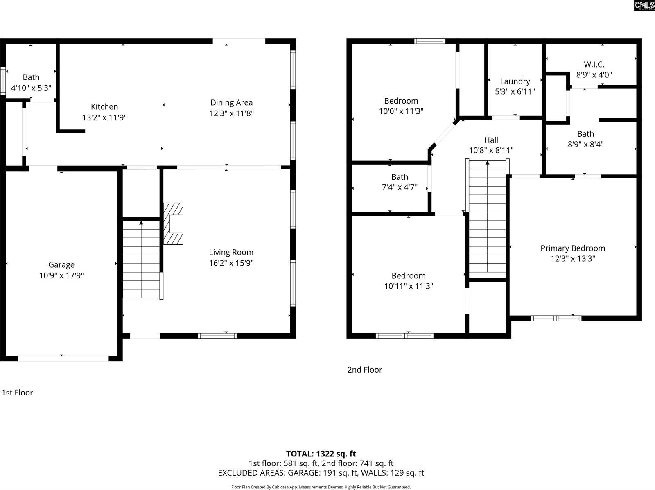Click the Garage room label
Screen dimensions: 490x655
tap(61, 265)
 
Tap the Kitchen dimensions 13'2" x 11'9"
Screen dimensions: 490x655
tap(104, 117)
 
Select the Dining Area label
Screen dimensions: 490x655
tap(231, 103)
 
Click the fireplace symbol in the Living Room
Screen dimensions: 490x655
tap(174, 224)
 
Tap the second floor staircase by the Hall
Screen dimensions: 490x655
tap(487, 219)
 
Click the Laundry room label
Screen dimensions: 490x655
tap(515, 81)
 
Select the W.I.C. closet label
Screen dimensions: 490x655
tap(594, 64)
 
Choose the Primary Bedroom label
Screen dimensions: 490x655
tap(572, 248)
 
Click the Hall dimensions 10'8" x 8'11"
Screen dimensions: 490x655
tap(491, 150)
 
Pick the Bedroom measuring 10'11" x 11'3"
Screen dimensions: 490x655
tap(408, 281)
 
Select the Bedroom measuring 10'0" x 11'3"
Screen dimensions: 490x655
tap(401, 106)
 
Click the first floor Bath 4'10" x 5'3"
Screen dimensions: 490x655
tap(31, 82)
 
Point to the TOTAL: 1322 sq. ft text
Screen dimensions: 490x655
tap(321, 454)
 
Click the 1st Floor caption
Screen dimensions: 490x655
tap(17, 393)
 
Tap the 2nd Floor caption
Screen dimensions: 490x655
tap(364, 370)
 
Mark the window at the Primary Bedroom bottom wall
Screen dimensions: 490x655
tap(556, 318)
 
